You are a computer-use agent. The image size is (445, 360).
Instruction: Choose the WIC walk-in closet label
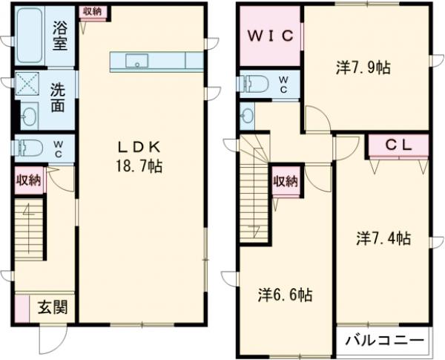click(x=271, y=35)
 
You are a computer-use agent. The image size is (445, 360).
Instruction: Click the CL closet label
click(x=400, y=145)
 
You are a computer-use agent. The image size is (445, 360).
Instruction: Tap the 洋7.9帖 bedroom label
click(x=363, y=68)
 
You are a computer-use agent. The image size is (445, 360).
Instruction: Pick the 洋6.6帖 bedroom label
click(x=285, y=294)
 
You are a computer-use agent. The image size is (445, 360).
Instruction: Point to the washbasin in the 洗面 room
click(x=29, y=116)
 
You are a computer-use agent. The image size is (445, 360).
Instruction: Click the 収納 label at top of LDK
click(x=93, y=11)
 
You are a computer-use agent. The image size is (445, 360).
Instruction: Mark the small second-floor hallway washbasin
click(x=247, y=114)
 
